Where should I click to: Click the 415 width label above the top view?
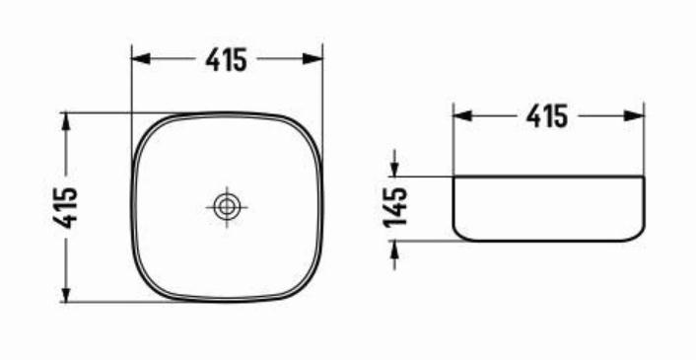coord(226,60)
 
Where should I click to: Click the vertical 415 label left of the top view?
coord(66,208)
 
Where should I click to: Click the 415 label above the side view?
coord(547,116)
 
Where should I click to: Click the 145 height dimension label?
coord(395,207)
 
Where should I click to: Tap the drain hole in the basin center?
coord(227,207)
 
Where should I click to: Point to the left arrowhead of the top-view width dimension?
coord(141,58)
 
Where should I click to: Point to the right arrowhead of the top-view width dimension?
coord(313,58)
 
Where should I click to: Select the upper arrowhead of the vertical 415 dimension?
coord(66,121)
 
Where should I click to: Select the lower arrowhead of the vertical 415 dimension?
coord(66,293)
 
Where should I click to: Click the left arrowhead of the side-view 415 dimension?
coord(462,115)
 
